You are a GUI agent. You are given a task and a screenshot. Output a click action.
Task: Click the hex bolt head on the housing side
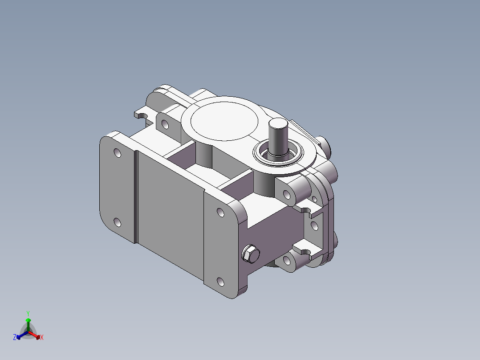(x=251, y=254)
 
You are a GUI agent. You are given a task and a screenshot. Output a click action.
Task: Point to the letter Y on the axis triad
(x=28, y=313)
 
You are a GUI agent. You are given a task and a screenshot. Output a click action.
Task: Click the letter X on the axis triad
(x=42, y=337)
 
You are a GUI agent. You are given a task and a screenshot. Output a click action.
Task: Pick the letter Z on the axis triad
(x=15, y=337)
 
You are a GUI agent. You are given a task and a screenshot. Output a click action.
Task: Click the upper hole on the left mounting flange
(x=118, y=152)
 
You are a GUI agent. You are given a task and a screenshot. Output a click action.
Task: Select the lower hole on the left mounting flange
(x=117, y=222)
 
